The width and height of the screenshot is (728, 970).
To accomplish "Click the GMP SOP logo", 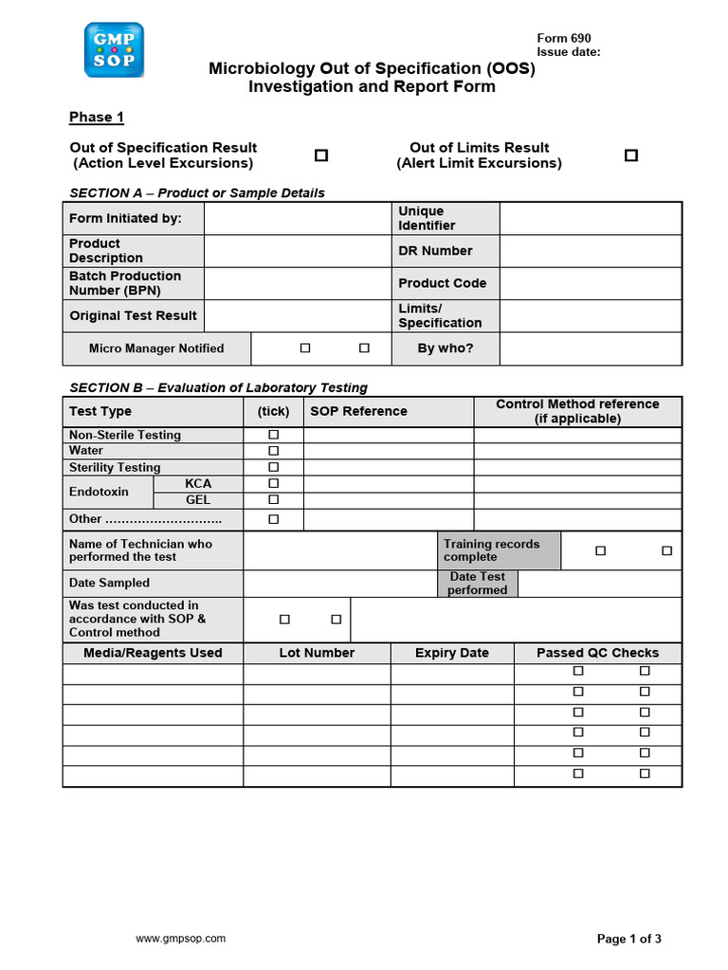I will pos(114,50).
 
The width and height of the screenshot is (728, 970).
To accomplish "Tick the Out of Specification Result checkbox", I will pos(321,155).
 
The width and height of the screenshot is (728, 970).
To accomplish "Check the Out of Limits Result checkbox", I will pos(631,155).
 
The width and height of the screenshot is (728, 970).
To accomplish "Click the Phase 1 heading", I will pos(97,117).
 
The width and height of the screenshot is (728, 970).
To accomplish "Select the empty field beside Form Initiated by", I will pos(298,218).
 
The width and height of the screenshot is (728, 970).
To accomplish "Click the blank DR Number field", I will pos(590,251).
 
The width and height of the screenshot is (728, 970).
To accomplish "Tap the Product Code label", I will pos(442,283).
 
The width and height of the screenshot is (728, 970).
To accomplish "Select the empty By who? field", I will pos(590,349).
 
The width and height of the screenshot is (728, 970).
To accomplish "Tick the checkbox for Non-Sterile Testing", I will pos(274,435).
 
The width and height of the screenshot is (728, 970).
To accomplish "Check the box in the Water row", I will pos(274,451).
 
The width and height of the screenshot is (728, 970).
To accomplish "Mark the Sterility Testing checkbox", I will pos(274,467).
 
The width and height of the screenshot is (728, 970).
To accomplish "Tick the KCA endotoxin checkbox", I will pos(274,483).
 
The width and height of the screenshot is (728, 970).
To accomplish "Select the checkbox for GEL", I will pos(274,499).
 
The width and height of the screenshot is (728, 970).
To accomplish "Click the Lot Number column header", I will pos(317,653).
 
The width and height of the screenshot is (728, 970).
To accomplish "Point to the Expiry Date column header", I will pos(452,653).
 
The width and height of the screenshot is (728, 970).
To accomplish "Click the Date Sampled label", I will pos(109,583).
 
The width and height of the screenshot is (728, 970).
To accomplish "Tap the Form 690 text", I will pos(563,39).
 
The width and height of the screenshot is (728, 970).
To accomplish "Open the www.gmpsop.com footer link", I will pos(181,939).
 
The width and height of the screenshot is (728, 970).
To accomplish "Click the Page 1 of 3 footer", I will pos(628,939).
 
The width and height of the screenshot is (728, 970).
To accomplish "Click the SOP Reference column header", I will pos(358,411).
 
